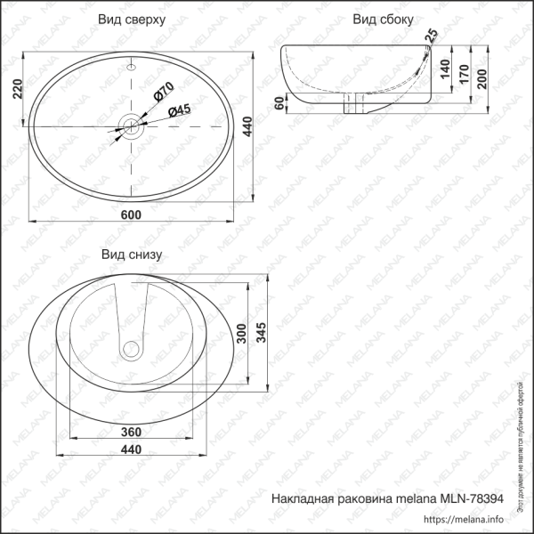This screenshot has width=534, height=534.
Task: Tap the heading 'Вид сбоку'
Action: tap(382, 19)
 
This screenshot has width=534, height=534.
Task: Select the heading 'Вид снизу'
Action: tap(131, 255)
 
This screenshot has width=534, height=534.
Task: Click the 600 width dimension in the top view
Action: tap(132, 214)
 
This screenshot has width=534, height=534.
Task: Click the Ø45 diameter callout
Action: tap(180, 109)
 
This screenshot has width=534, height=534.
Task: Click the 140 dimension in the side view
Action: tap(442, 69)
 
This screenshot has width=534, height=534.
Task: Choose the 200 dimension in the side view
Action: tap(481, 78)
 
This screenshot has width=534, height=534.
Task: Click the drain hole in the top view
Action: tap(133, 125)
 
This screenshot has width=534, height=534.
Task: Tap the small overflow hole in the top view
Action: tap(133, 67)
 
